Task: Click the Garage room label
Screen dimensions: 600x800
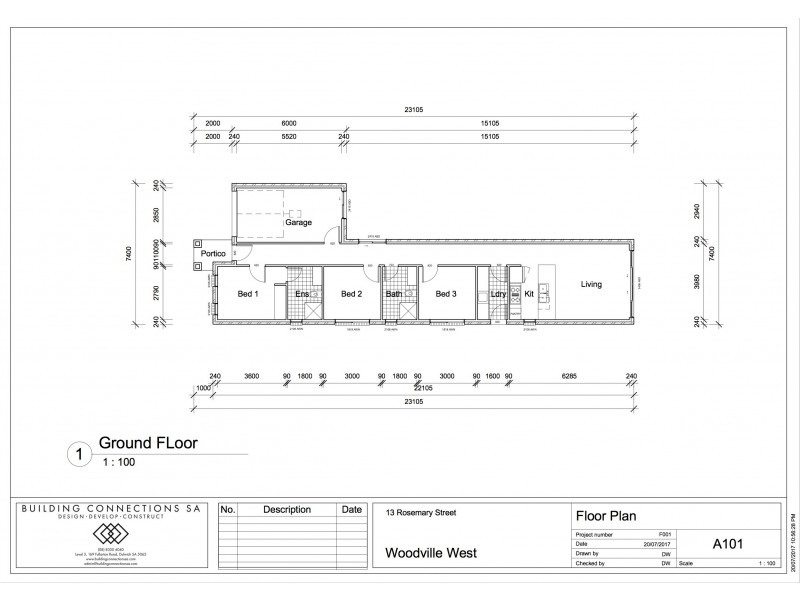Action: pyautogui.click(x=298, y=222)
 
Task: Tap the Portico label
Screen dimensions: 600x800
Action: pyautogui.click(x=213, y=254)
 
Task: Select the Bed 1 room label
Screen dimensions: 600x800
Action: pyautogui.click(x=248, y=294)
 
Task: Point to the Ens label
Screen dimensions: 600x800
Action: pyautogui.click(x=302, y=294)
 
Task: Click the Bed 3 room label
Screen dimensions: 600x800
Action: pyautogui.click(x=445, y=294)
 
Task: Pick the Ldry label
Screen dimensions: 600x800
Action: pyautogui.click(x=498, y=294)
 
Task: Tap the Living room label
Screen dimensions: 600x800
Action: pyautogui.click(x=592, y=285)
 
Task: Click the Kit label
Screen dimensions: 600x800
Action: pyautogui.click(x=529, y=294)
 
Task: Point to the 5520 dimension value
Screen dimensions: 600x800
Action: pyautogui.click(x=289, y=136)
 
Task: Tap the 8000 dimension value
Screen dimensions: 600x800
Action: pyautogui.click(x=289, y=123)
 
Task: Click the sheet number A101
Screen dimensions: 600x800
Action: pyautogui.click(x=726, y=545)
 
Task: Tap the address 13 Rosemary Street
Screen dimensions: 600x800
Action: pyautogui.click(x=421, y=512)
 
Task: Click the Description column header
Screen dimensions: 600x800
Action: pyautogui.click(x=286, y=509)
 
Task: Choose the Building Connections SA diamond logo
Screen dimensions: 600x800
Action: pyautogui.click(x=111, y=534)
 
